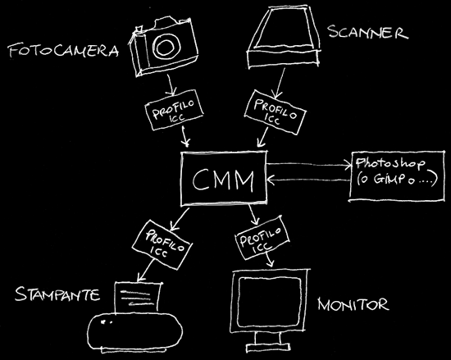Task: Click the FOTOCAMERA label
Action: point(64,51)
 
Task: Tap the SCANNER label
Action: point(368,32)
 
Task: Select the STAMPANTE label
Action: point(57,294)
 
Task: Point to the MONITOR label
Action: point(353,304)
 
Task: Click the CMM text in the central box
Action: point(223,180)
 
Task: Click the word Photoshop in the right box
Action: point(390,163)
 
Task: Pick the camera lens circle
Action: point(166,46)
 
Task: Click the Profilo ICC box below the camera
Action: point(174,110)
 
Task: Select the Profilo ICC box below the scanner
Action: point(275,112)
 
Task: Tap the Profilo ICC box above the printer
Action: point(162,244)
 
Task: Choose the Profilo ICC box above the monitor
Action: point(262,238)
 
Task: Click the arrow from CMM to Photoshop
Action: point(309,165)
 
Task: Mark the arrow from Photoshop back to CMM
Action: point(308,180)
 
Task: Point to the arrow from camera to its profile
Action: point(171,84)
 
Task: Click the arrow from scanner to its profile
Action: point(280,83)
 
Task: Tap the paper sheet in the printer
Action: point(138,298)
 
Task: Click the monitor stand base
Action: point(268,349)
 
